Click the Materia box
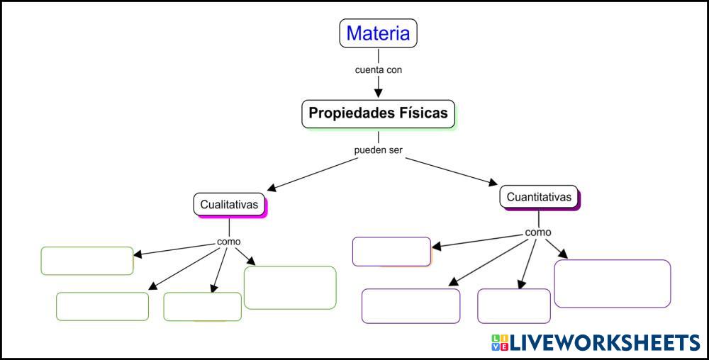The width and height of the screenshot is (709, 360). [x=378, y=33]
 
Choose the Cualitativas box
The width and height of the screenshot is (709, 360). [x=229, y=205]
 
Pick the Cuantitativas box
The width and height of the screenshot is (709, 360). [x=539, y=197]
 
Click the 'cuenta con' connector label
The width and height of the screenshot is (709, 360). [x=378, y=70]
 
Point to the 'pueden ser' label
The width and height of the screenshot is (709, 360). [x=378, y=150]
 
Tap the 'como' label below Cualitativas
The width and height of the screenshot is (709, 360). [x=229, y=241]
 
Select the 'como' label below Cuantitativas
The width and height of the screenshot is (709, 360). [x=538, y=232]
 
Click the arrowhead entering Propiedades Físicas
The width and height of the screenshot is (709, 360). [x=378, y=93]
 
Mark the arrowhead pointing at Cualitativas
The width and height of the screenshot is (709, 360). [x=273, y=188]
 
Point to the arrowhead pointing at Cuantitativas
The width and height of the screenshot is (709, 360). [x=492, y=182]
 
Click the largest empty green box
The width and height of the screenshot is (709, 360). [x=290, y=288]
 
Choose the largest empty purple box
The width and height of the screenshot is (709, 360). [x=613, y=283]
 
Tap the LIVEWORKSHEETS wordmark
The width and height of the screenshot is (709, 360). [x=605, y=343]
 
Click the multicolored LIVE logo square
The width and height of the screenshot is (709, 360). [x=500, y=343]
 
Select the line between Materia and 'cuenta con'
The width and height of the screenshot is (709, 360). [x=378, y=56]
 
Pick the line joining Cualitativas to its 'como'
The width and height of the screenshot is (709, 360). [x=229, y=226]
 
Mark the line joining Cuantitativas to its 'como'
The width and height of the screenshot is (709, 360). [x=539, y=218]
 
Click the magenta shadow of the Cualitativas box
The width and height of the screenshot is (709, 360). [x=267, y=209]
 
